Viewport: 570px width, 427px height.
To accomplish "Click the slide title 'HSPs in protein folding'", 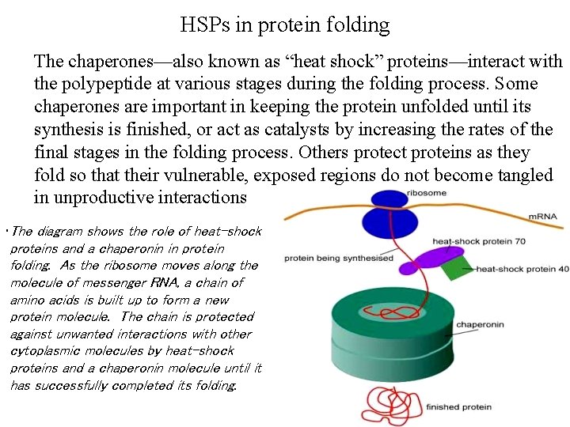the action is point(285,25).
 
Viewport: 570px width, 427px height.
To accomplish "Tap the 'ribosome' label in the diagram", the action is point(426,192).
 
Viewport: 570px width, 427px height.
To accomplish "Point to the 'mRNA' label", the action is point(543,216).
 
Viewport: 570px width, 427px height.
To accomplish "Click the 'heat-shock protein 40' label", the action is point(522,269).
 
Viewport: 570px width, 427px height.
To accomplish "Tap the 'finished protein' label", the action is point(458,407).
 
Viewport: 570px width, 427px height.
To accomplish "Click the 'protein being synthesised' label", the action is point(339,258).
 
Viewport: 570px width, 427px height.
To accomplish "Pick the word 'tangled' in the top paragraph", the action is point(525,175).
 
